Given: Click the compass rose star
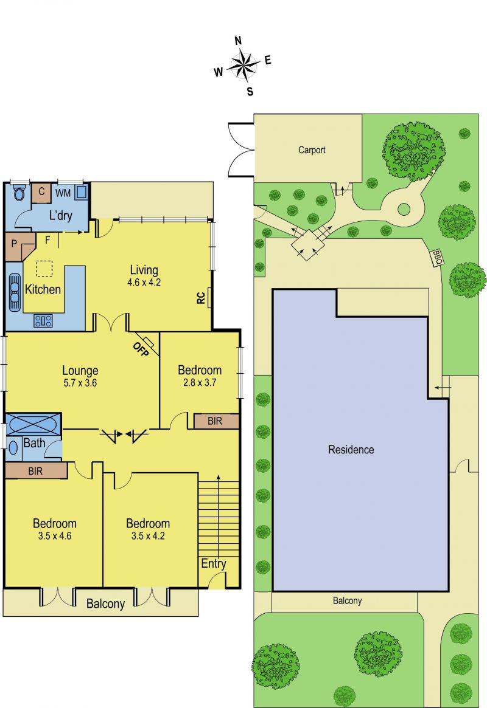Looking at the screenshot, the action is [243, 66].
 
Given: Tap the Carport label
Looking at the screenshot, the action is [312, 150].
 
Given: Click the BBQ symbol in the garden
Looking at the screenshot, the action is [437, 258].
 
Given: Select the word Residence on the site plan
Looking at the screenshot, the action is [351, 450].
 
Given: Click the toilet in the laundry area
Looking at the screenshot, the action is [19, 193].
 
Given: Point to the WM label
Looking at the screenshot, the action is [63, 193].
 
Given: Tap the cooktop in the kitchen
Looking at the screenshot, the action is [43, 321].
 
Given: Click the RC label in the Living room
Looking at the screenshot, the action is [201, 298].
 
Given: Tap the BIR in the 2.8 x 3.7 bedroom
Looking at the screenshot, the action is [215, 421].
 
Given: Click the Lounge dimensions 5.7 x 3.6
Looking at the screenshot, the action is [80, 383].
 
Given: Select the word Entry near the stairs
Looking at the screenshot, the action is [214, 563].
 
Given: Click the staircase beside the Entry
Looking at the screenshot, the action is [219, 518].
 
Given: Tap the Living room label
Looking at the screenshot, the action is [144, 270].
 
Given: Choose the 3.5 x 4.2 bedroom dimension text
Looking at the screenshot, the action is [148, 536].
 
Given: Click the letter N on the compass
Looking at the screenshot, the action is [238, 41].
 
